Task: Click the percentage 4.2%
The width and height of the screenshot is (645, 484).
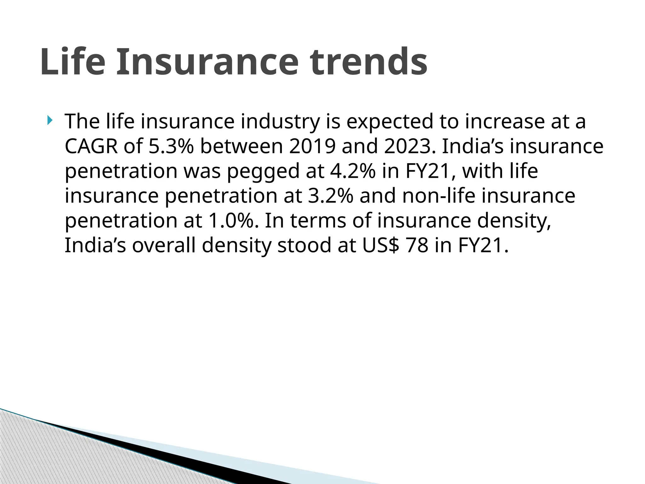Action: [x=353, y=171]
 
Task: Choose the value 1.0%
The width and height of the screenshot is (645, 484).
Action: [x=231, y=221]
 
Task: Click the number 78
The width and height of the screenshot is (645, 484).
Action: [x=417, y=245]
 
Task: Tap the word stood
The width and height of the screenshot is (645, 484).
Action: [x=304, y=245]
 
